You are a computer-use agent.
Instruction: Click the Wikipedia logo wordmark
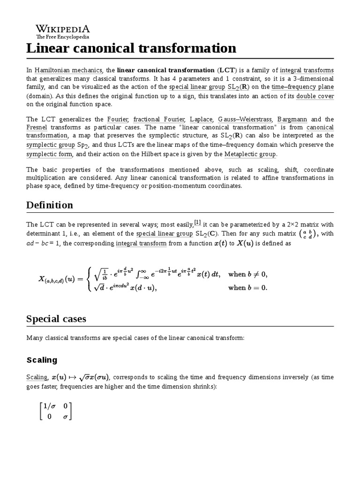pos(63,29)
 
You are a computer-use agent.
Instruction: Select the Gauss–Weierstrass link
pos(245,119)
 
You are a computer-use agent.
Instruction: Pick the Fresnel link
pos(37,127)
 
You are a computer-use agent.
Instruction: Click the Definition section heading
pos(50,205)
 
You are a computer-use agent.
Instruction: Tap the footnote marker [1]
pos(198,222)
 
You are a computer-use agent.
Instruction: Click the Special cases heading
pos(56,319)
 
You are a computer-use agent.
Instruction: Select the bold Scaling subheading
pos(42,360)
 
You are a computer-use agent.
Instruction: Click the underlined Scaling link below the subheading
pos(37,377)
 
